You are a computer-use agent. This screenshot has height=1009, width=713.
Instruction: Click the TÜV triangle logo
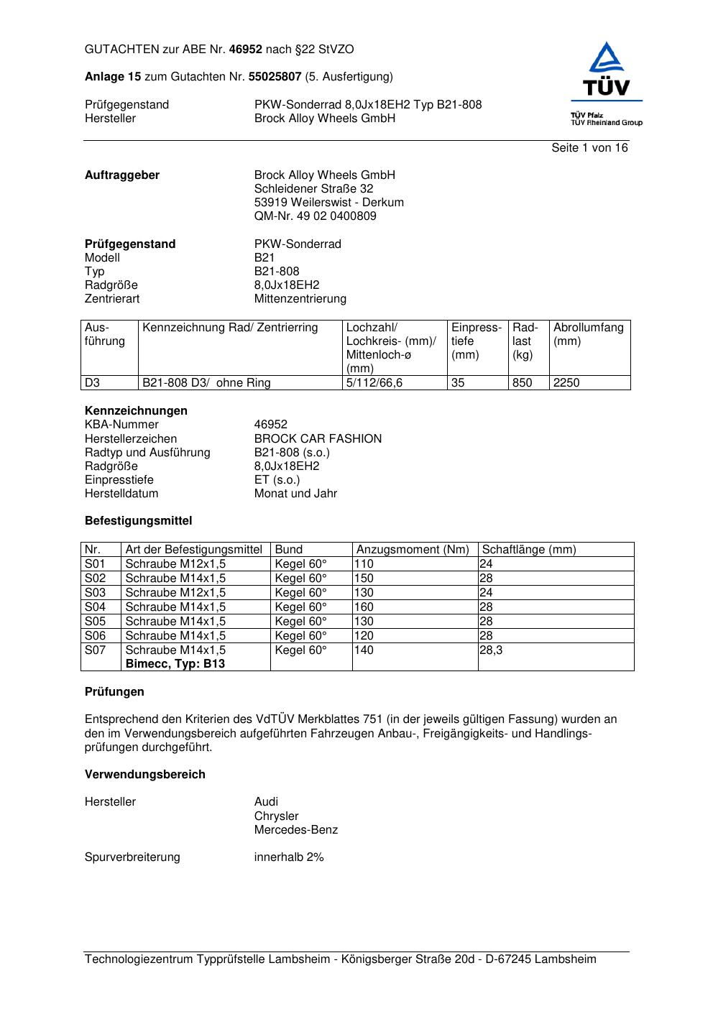pyautogui.click(x=607, y=68)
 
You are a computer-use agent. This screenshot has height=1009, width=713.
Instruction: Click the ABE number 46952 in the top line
pyautogui.click(x=245, y=50)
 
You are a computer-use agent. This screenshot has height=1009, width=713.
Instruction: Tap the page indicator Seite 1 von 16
pyautogui.click(x=589, y=148)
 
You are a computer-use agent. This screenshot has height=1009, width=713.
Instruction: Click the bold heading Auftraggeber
pyautogui.click(x=122, y=175)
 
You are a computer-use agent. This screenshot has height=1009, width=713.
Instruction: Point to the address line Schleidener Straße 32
pyautogui.click(x=313, y=189)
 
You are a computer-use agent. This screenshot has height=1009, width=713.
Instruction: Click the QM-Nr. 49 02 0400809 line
pyautogui.click(x=315, y=216)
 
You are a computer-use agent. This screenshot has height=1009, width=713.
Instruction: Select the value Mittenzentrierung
pyautogui.click(x=300, y=299)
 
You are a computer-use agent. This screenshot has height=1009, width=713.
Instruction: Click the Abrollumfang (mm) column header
pyautogui.click(x=589, y=334)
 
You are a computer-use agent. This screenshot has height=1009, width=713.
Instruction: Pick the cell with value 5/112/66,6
pyautogui.click(x=374, y=383)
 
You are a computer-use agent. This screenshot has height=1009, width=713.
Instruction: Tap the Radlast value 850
pyautogui.click(x=522, y=383)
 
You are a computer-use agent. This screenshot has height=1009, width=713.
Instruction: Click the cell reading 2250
pyautogui.click(x=566, y=383)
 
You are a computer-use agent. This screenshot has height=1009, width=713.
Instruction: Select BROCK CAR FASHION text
pyautogui.click(x=318, y=439)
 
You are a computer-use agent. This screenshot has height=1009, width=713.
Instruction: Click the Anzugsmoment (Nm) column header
pyautogui.click(x=413, y=550)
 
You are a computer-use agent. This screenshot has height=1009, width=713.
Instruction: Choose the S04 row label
pyautogui.click(x=95, y=607)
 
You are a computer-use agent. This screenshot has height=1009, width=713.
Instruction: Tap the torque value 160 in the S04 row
pyautogui.click(x=364, y=607)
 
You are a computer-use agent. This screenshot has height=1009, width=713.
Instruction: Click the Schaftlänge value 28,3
pyautogui.click(x=491, y=650)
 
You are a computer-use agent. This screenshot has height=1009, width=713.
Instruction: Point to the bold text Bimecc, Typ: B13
pyautogui.click(x=175, y=664)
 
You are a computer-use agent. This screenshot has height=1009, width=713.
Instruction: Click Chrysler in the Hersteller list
pyautogui.click(x=276, y=816)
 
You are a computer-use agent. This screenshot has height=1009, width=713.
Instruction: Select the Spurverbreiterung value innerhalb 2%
pyautogui.click(x=289, y=857)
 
